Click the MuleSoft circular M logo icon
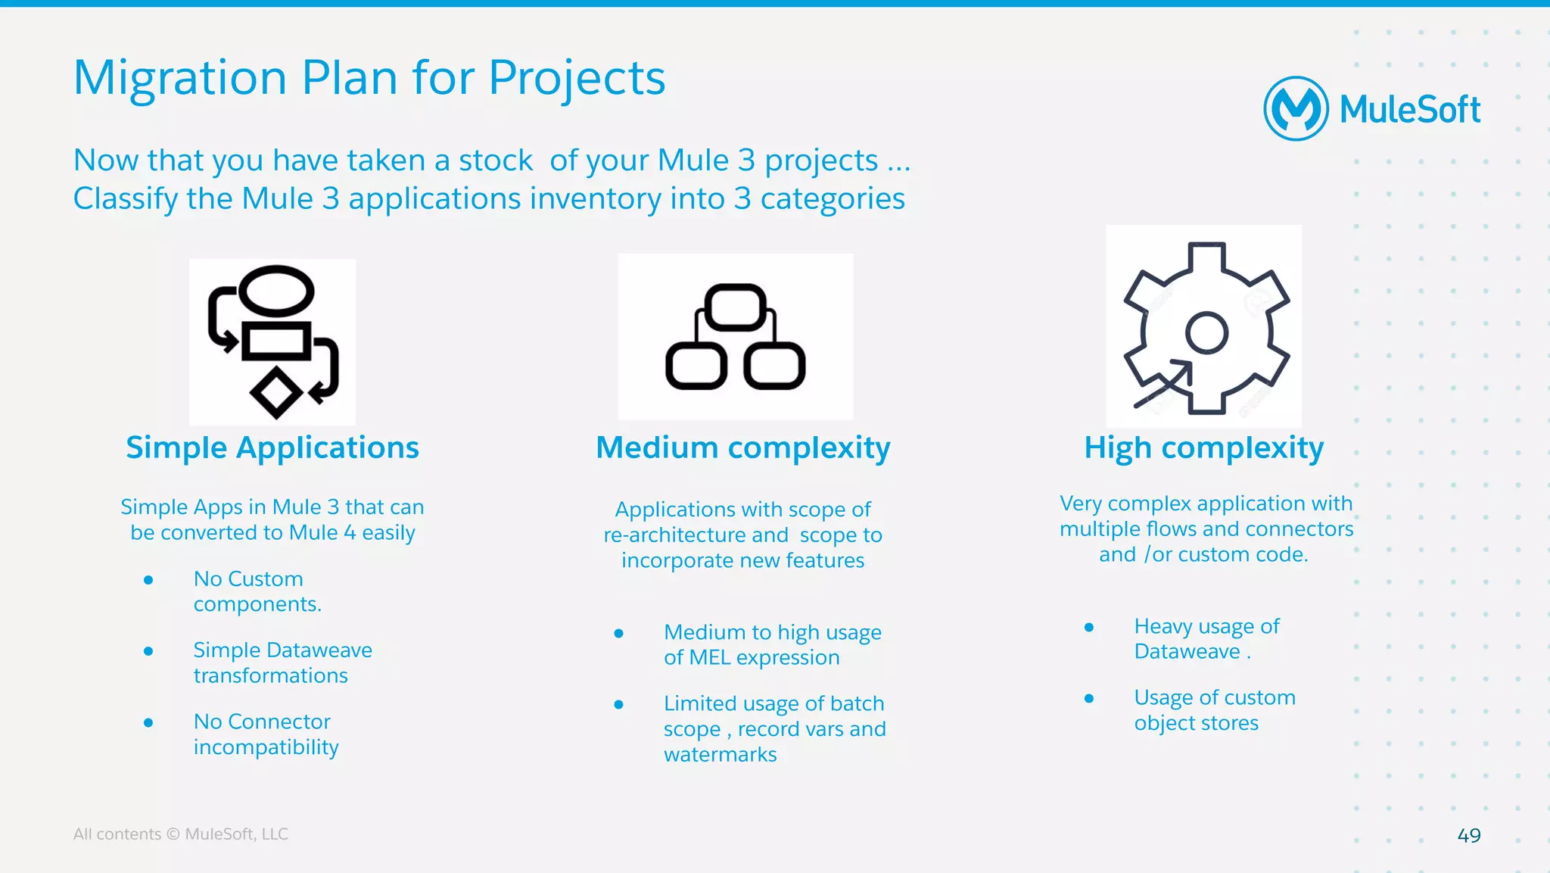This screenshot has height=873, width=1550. pos(1296,109)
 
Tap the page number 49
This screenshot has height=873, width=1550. pos(1468,835)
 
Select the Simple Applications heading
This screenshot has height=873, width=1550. pos(272,447)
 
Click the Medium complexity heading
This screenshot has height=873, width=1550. pos(742,447)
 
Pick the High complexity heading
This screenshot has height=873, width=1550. pos(1203,447)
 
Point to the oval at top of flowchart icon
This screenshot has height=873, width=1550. pos(276,291)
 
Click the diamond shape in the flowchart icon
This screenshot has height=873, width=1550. pos(276,392)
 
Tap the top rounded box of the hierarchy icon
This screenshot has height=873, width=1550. pos(735,307)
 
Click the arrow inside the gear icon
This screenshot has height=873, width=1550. pos(1166,383)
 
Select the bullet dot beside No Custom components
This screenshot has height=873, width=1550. pos(148,580)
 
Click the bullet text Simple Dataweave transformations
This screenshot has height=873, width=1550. pos(282,663)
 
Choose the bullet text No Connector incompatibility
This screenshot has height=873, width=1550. pos(265,734)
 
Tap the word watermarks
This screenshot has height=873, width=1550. pos(720,754)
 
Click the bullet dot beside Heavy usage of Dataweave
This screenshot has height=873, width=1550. pos(1088,627)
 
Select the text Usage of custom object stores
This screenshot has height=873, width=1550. pos(1213,709)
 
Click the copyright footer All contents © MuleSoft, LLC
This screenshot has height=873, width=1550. pos(180,834)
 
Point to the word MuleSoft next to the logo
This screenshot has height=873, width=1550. pos(1409,110)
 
